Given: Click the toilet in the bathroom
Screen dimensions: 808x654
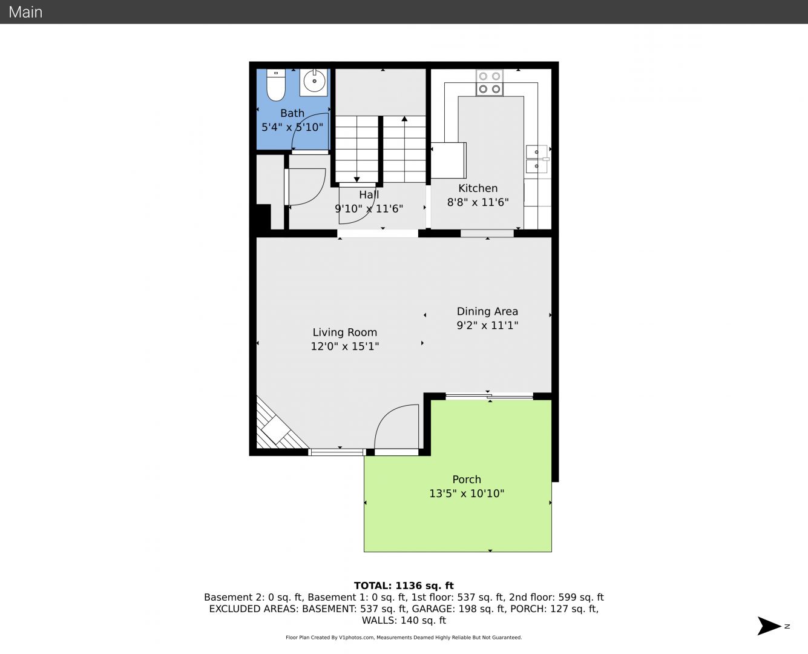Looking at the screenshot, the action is coord(276,85).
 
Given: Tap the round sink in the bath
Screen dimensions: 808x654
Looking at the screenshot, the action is coord(314,81).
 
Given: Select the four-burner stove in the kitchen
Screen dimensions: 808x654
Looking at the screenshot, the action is coord(490,82).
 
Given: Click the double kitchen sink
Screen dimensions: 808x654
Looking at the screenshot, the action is coord(537,159).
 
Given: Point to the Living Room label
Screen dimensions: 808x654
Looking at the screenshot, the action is coord(344,332).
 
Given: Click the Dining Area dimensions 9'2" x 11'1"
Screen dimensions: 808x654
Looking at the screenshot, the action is coord(487,325).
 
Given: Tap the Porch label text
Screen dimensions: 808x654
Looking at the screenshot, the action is coord(467,480).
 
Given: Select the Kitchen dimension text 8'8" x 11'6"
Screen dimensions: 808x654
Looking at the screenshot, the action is coord(478,202).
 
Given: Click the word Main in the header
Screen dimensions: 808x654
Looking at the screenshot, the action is coord(25,12).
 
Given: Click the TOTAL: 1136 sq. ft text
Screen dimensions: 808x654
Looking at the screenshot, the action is coord(404,586).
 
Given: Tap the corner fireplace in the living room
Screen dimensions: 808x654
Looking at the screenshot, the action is coord(279,426).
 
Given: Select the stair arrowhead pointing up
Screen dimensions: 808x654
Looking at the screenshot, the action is coord(404,119).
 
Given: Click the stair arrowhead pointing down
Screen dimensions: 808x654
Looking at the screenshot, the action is coord(356,179).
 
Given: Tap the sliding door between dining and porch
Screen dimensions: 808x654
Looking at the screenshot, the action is coord(490,397).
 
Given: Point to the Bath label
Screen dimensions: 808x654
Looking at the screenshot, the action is coord(292,113).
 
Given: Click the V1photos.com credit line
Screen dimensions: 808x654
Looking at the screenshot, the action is coord(404,637).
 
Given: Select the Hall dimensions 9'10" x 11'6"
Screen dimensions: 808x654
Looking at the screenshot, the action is coord(369,208).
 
